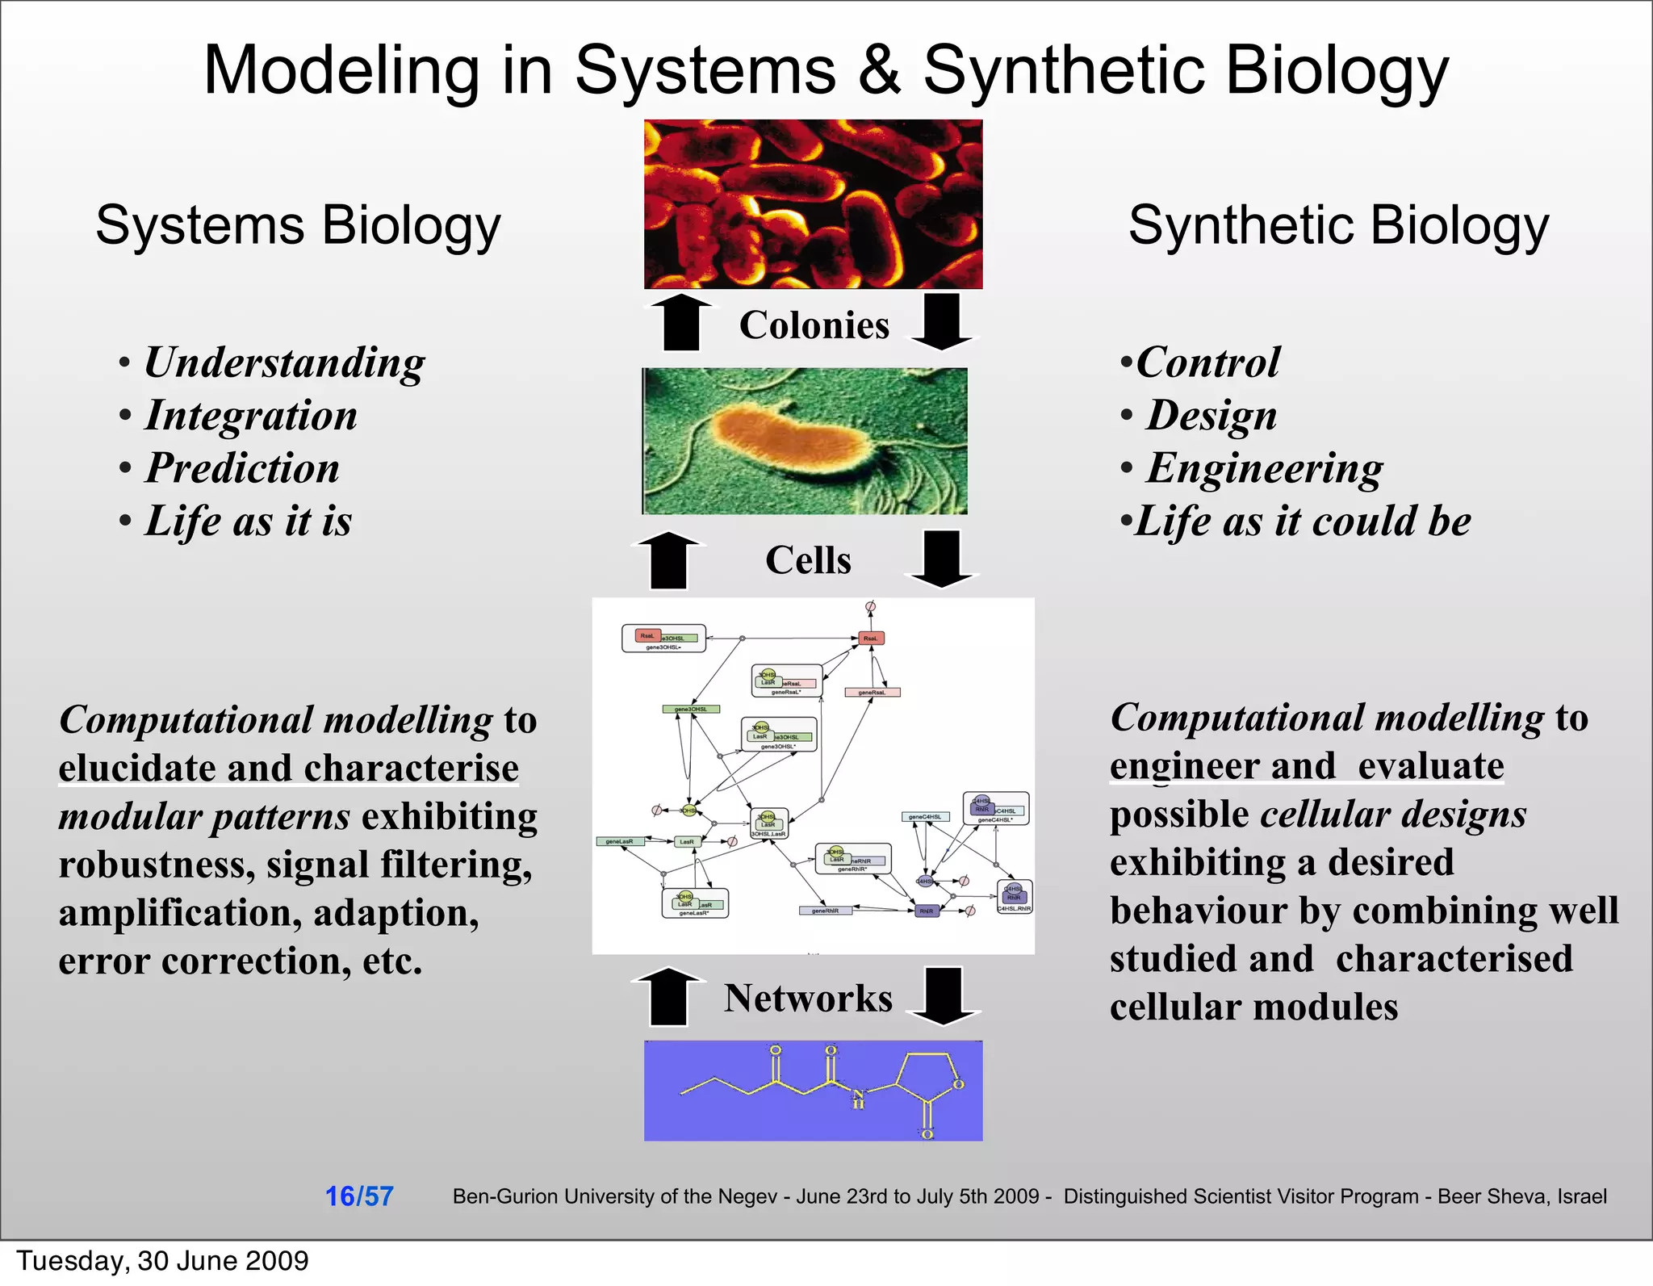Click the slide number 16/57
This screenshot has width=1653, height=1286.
pos(359,1196)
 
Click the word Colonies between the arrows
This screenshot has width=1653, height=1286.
pos(814,325)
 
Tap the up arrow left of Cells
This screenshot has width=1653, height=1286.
pos(668,559)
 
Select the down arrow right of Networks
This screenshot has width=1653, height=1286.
pos(943,995)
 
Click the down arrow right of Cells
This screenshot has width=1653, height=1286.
pos(942,559)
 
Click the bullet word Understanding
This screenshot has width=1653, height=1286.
pos(284,362)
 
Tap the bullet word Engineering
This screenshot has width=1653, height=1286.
pos(1264,468)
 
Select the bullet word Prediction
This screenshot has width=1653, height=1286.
pos(242,468)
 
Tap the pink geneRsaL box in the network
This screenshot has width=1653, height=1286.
pos(872,692)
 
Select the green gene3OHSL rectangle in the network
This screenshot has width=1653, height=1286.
pos(691,709)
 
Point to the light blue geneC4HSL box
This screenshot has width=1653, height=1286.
pos(925,817)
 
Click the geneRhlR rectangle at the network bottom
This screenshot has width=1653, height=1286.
pos(825,911)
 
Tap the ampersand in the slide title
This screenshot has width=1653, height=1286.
pos(879,70)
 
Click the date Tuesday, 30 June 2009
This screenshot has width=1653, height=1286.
pos(163,1261)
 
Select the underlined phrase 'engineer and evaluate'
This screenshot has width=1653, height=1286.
pos(1306,766)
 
